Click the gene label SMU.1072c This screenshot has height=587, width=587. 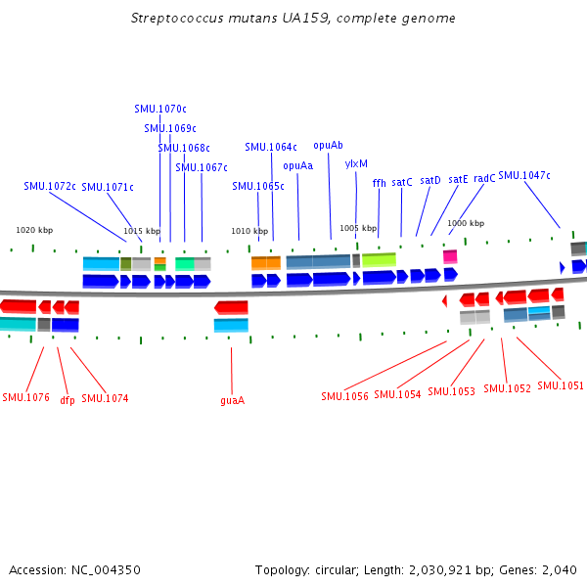pos(50,186)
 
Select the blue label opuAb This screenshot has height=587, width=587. pos(328,146)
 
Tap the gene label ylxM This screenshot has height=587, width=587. pos(356,164)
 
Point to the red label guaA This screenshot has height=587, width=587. pos(232,400)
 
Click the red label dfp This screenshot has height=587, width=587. pos(68,400)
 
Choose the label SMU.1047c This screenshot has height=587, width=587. pos(523,176)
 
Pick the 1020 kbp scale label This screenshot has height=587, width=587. pos(34,230)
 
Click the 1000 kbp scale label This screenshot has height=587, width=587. pos(466,223)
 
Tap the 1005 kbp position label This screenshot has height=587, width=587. pos(357,228)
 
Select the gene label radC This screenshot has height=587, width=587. pos(484,179)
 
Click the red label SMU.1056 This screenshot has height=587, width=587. pos(344,396)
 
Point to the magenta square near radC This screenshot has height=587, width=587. pos(450,256)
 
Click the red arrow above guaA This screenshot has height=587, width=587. pos(231,307)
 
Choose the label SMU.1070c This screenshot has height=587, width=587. pos(159,109)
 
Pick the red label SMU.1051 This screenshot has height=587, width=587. pos(560,385)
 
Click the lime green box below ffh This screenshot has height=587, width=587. pos(379,260)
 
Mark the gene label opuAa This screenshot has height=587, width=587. pos(297,165)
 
